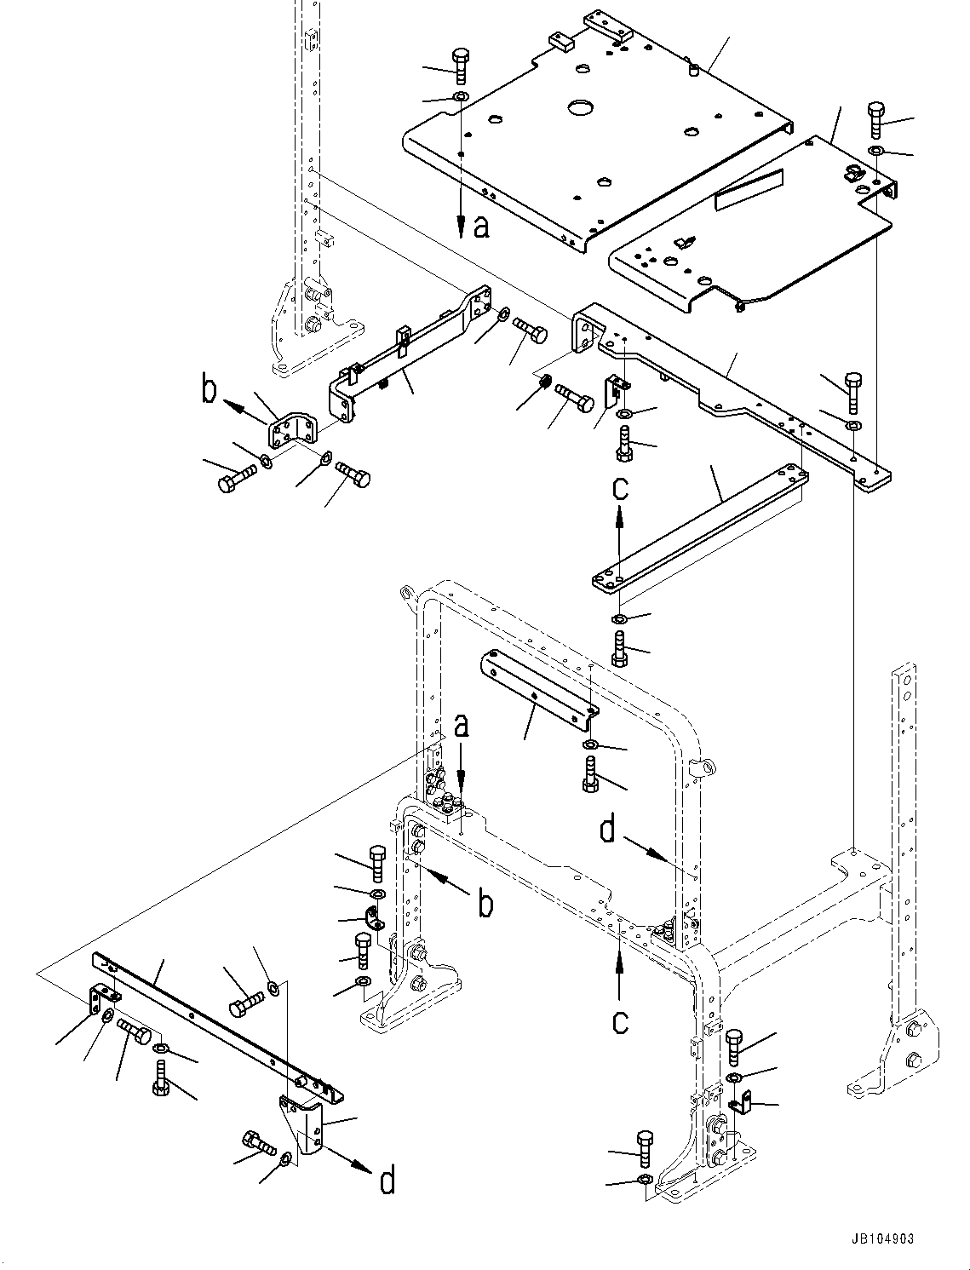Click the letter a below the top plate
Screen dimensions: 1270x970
(481, 227)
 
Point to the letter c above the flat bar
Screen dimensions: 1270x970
(621, 488)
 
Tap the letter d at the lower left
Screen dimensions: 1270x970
(387, 1181)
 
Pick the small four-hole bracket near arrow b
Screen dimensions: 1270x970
(292, 431)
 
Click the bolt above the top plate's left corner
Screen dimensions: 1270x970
(460, 63)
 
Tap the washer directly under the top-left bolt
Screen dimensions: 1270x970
(460, 96)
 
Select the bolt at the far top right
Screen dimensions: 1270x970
(877, 118)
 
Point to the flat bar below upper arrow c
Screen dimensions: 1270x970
(698, 528)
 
